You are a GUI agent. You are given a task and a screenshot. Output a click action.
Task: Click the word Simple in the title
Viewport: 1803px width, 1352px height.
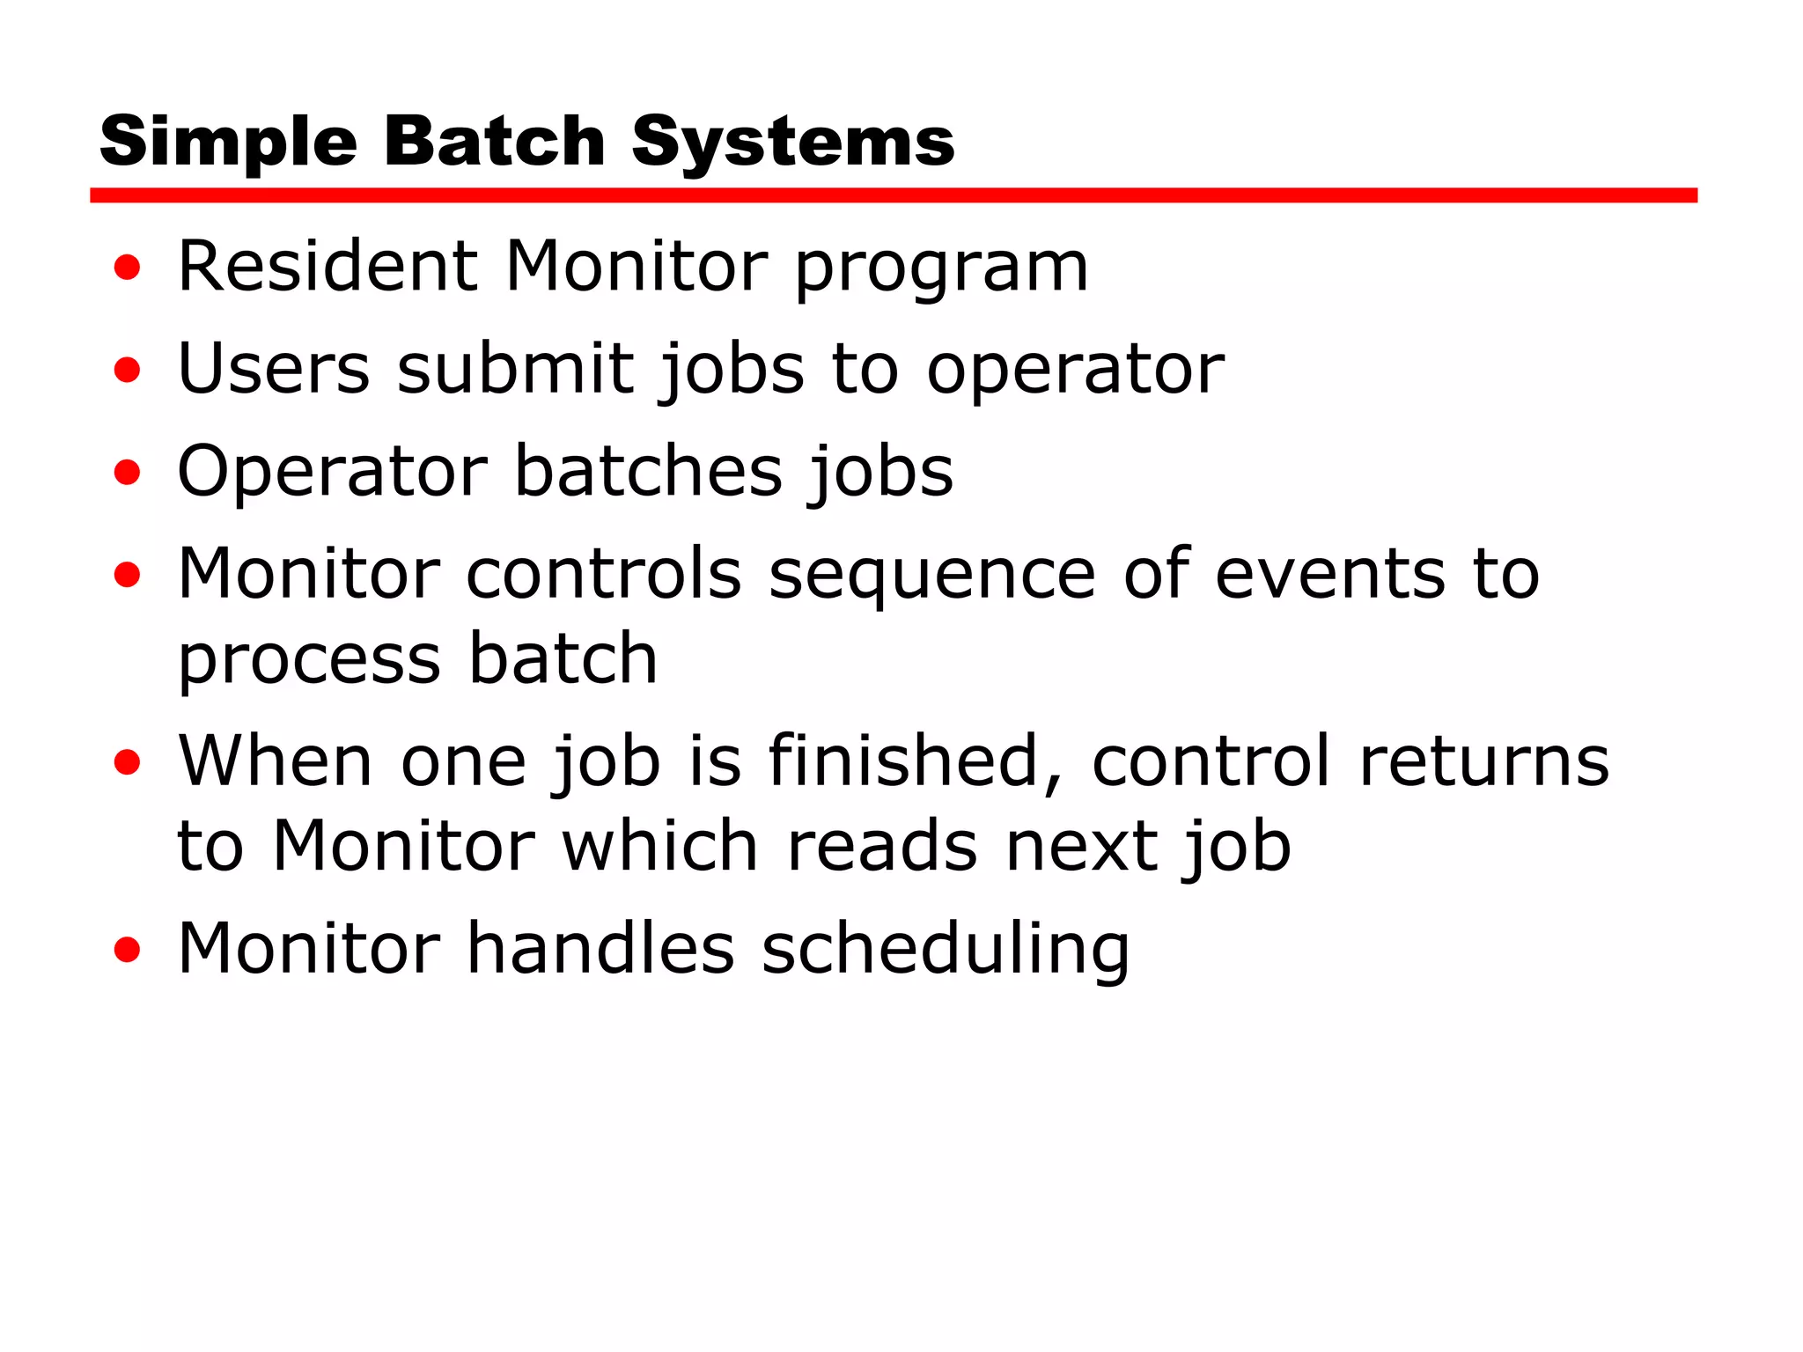(228, 143)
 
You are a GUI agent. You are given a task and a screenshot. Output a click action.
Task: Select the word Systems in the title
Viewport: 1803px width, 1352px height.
(792, 143)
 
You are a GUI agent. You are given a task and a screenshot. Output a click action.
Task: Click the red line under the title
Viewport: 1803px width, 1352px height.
(893, 195)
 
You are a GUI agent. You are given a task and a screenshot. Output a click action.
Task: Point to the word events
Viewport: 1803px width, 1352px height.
(1329, 573)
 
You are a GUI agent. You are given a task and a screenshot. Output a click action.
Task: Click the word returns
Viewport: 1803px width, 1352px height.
(1483, 761)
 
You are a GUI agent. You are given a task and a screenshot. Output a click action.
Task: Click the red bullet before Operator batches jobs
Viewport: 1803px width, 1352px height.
(128, 473)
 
